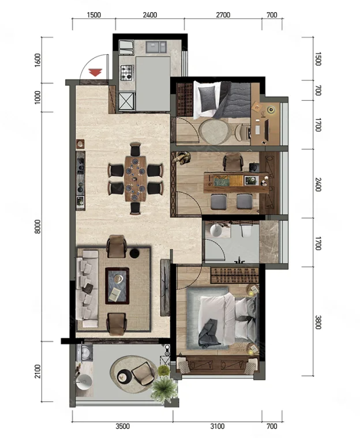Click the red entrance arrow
coord(95,73)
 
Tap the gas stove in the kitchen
coord(127,73)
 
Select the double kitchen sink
coord(156,47)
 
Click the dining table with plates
coord(136,178)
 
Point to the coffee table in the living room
coord(117,286)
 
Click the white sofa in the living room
coord(87,289)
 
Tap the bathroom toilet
coord(247,231)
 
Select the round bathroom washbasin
coord(216,230)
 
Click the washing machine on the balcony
coord(85,353)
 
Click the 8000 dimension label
coord(37,226)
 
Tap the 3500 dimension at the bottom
coord(122,426)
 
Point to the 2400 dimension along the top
coord(150,15)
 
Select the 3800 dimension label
coord(318,322)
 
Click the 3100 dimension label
coord(217,426)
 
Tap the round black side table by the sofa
coord(134,253)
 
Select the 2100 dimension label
coord(37,371)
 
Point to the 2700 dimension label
coord(223,15)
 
